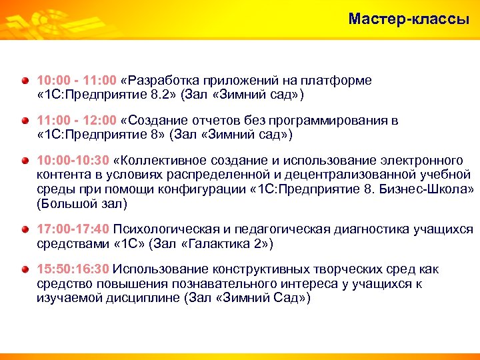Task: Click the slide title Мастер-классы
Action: [408, 19]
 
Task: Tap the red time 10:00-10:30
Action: [73, 161]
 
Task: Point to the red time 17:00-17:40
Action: [73, 230]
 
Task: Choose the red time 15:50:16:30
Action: [73, 270]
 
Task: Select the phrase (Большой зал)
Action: [81, 203]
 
